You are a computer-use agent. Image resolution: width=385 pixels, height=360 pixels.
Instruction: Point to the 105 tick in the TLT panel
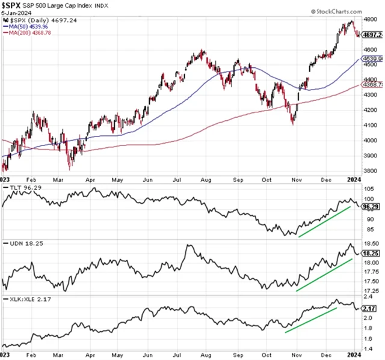point(368,189)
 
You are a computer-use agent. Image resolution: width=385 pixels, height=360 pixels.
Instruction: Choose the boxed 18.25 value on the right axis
point(371,253)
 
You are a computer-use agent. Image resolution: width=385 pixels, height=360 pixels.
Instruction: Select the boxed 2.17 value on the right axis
point(369,308)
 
